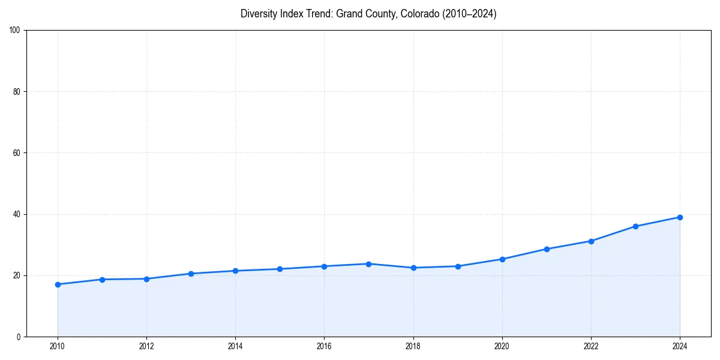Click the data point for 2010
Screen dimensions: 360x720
click(58, 284)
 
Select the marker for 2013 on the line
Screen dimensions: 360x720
click(191, 274)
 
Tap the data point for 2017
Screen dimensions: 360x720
click(368, 264)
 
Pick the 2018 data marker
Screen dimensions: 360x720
click(413, 268)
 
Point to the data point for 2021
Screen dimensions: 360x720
click(547, 249)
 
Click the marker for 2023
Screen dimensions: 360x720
click(635, 226)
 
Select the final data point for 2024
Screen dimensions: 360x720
click(680, 217)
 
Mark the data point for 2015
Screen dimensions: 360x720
click(280, 269)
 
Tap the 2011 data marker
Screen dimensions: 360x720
click(102, 280)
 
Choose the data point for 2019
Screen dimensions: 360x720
click(458, 266)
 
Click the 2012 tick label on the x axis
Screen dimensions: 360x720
click(146, 346)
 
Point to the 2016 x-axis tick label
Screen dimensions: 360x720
click(324, 346)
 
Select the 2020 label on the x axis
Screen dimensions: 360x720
click(502, 346)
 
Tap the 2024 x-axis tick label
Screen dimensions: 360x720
click(680, 346)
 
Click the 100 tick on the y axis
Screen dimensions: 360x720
click(15, 31)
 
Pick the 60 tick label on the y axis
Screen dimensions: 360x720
click(17, 153)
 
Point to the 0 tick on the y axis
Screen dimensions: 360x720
click(19, 337)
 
